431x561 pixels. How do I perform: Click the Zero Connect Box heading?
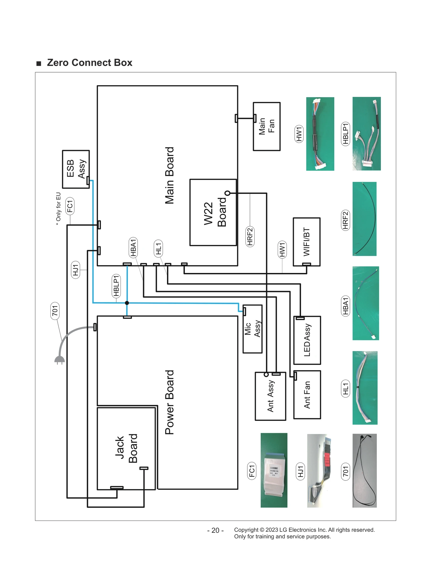point(89,62)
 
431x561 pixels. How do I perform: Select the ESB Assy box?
point(76,169)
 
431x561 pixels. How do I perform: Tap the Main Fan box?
point(266,126)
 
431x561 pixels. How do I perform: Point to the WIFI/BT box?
point(307,241)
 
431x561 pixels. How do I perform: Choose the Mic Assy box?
point(252,329)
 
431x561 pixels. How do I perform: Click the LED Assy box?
point(307,340)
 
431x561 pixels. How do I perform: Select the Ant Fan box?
point(307,395)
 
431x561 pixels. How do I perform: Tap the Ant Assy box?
point(270,396)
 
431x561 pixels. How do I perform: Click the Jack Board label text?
point(126,448)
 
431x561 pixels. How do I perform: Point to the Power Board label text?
point(169,402)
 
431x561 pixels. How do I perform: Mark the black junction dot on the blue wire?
point(127,303)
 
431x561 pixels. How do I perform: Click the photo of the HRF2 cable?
point(364,219)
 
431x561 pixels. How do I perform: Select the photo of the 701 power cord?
point(364,471)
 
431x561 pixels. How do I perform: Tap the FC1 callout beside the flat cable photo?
point(252,471)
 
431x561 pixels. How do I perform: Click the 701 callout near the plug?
point(55,311)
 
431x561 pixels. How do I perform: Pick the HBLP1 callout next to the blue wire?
point(116,286)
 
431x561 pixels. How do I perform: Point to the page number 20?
point(215,530)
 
